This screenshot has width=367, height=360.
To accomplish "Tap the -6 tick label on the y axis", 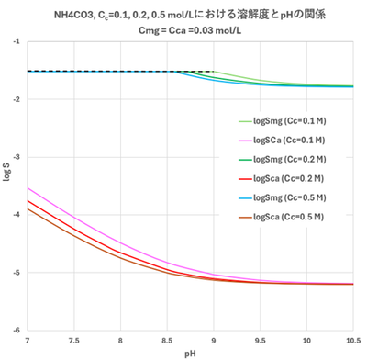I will (18, 331).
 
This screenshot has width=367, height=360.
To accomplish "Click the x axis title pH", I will (190, 352).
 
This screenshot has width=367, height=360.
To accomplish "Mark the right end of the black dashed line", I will (213, 72).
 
